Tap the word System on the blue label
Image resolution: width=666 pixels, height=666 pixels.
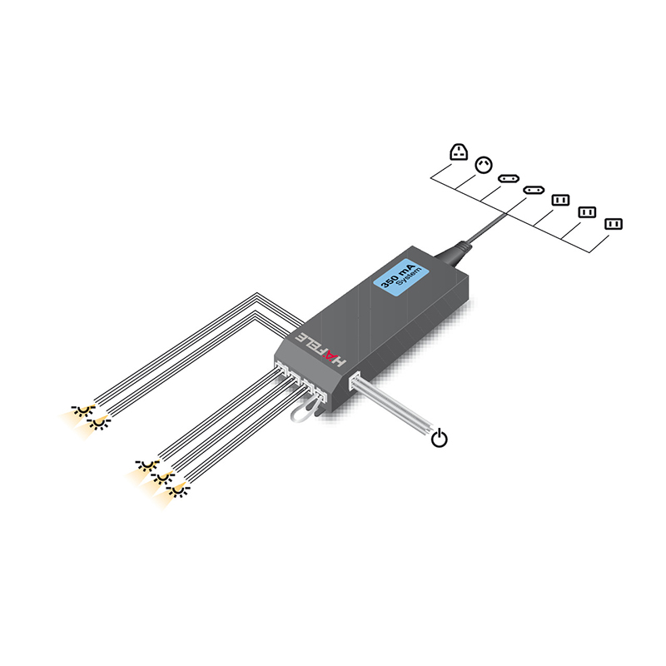(x=408, y=277)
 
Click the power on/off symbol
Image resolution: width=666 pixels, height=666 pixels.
(x=440, y=438)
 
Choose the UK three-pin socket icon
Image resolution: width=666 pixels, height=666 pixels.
(x=459, y=152)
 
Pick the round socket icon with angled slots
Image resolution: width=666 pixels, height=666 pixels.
(x=484, y=165)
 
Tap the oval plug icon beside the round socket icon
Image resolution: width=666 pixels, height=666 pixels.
(x=509, y=178)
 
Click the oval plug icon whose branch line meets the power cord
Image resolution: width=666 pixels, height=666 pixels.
(x=534, y=190)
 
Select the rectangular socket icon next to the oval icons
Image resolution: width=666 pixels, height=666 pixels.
(x=560, y=200)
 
